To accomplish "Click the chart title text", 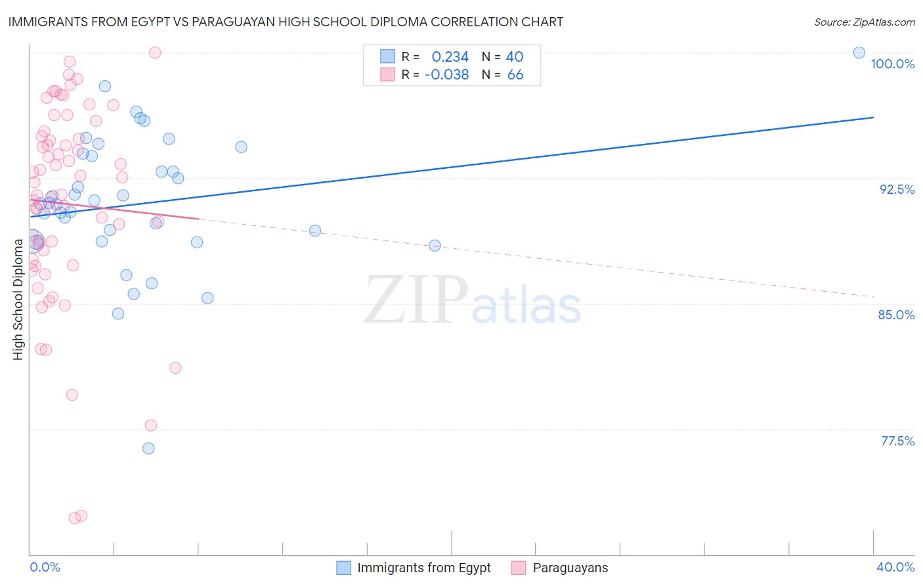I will click(x=286, y=22).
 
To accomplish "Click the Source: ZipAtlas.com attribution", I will click(x=864, y=22).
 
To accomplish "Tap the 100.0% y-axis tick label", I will click(x=892, y=64).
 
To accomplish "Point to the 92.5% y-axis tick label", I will click(x=897, y=189).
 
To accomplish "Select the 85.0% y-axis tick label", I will click(x=896, y=315).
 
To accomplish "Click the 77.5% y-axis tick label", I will click(x=897, y=441).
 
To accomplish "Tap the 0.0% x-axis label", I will click(x=45, y=567).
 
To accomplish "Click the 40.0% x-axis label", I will click(x=895, y=567).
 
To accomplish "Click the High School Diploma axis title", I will click(x=18, y=299).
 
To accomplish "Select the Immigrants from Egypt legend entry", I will click(x=423, y=568).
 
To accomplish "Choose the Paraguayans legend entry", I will click(x=570, y=568).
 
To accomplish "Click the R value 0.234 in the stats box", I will click(x=450, y=57).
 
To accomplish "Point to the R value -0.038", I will click(x=446, y=75).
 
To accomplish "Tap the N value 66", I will click(x=515, y=75).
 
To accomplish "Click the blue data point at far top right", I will click(x=859, y=53).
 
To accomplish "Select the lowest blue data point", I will click(x=148, y=448).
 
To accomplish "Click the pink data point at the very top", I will click(x=155, y=53).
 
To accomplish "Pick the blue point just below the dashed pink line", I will click(x=435, y=246).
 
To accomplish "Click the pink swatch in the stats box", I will click(x=388, y=74).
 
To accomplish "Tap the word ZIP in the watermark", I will click(x=416, y=301).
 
